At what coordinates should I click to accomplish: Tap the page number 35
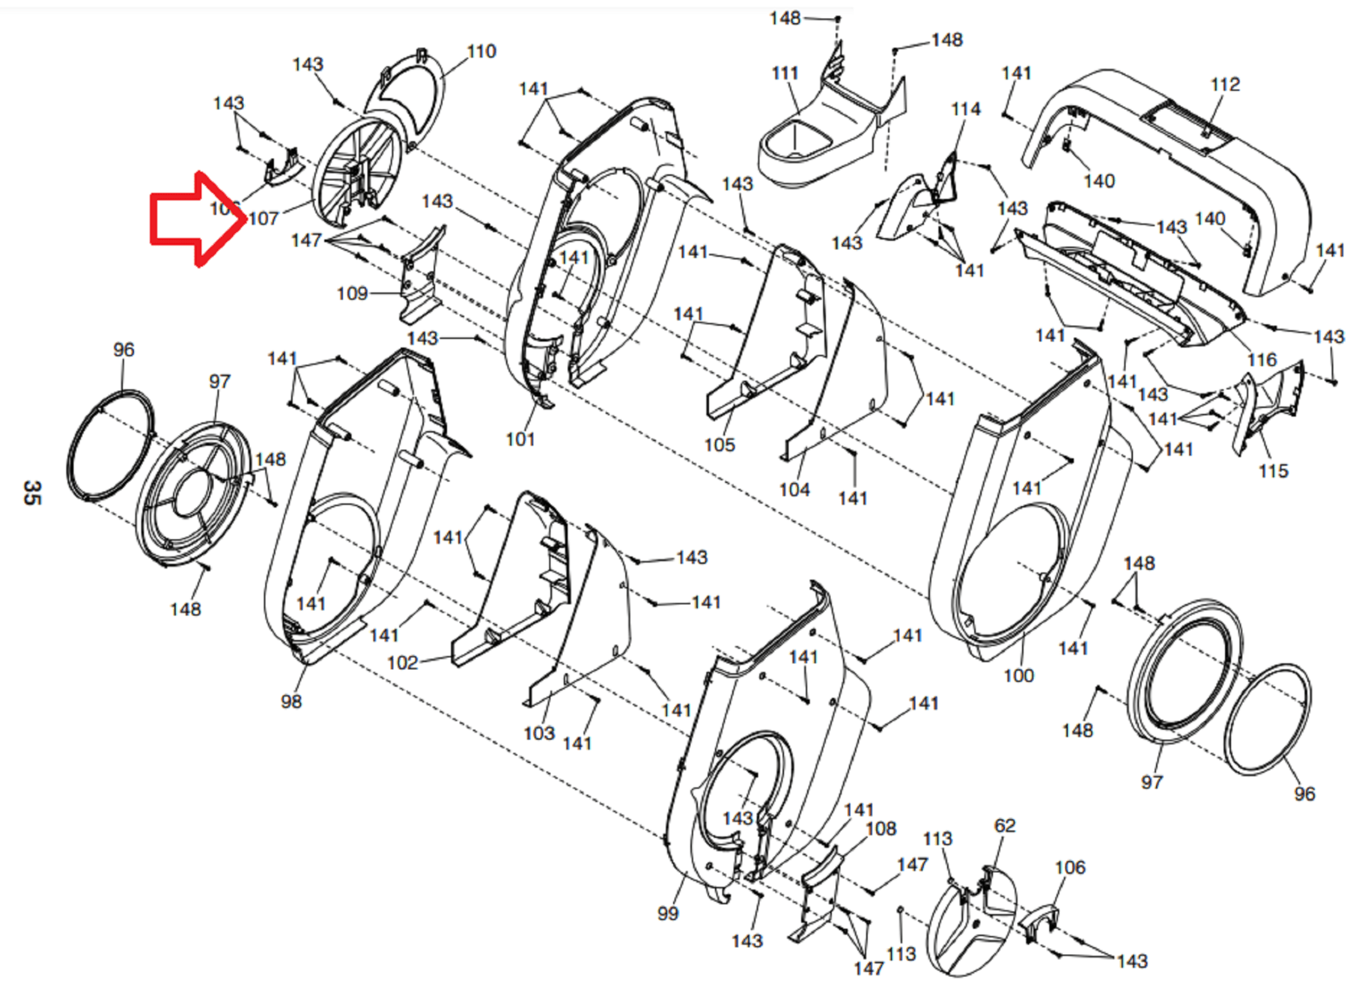(32, 492)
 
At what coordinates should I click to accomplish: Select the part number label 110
(481, 52)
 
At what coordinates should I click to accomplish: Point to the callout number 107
(264, 218)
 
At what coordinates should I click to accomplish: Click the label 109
(351, 294)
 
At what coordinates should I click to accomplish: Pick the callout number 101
(520, 439)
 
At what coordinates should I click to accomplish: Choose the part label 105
(719, 445)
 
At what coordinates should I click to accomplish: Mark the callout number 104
(794, 489)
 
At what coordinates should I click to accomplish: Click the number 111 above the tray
(785, 74)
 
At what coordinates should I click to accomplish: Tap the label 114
(966, 109)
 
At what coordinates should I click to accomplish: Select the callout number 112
(1225, 84)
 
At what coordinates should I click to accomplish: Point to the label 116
(1262, 360)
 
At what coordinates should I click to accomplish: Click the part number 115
(1273, 471)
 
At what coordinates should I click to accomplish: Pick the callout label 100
(1019, 676)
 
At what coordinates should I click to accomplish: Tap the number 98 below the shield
(291, 701)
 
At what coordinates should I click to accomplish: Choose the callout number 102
(403, 663)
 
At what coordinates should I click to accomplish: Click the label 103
(538, 733)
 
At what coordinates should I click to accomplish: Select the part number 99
(668, 913)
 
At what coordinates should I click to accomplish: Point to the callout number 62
(1005, 825)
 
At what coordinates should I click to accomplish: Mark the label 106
(1070, 868)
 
